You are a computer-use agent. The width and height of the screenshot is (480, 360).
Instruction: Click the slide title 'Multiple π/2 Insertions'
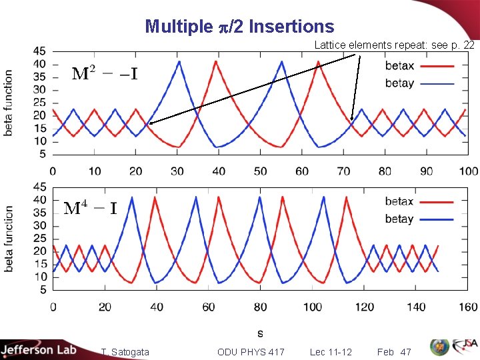point(239,26)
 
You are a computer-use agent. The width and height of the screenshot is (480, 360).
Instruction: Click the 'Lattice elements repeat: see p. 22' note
point(394,45)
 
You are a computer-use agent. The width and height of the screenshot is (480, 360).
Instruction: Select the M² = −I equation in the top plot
point(105,73)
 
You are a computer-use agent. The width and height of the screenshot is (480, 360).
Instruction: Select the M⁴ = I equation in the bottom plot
point(91,208)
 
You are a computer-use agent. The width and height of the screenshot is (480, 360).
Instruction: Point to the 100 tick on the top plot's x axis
point(469,171)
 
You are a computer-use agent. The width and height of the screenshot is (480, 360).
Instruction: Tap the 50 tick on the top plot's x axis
point(261,171)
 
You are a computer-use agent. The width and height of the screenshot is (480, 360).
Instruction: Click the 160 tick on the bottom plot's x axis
point(469,307)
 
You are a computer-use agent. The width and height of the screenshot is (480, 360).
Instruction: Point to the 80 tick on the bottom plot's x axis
point(261,307)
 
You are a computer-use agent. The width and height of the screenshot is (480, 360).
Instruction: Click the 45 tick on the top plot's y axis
point(40,51)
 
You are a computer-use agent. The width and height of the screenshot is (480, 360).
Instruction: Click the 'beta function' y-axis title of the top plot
point(9,103)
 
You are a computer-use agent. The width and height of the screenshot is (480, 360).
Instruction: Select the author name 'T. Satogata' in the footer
point(125,351)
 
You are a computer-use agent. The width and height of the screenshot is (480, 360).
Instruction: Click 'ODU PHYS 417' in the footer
point(251,351)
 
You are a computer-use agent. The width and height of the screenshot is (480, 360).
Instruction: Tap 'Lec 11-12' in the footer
point(331,351)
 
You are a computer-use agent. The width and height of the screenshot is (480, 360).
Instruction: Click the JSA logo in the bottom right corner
point(463,347)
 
